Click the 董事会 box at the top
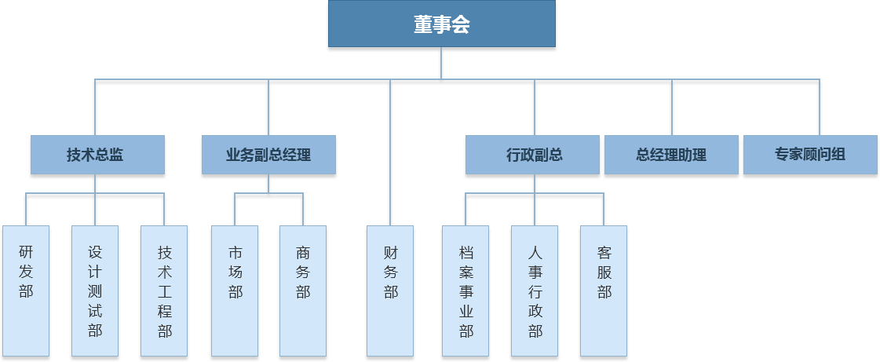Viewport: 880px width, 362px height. [441, 24]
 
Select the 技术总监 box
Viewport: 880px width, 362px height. [97, 155]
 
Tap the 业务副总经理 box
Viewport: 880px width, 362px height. [268, 155]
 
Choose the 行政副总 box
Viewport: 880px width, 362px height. [534, 155]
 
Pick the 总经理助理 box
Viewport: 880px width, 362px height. [671, 155]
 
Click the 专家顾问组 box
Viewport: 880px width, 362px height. [810, 155]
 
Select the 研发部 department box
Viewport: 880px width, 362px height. [26, 291]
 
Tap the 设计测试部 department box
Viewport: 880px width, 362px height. [95, 291]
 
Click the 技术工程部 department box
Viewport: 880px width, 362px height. [164, 291]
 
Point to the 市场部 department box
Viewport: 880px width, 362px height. [235, 291]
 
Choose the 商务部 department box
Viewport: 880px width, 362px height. [303, 291]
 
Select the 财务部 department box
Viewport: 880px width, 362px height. [390, 291]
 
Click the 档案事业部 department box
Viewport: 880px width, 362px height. [466, 291]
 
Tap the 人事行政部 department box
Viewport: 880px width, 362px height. [535, 291]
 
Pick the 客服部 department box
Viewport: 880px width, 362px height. [604, 291]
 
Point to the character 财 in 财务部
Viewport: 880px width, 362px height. [390, 253]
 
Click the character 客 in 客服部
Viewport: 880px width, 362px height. [604, 253]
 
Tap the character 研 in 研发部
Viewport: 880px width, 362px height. [26, 253]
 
